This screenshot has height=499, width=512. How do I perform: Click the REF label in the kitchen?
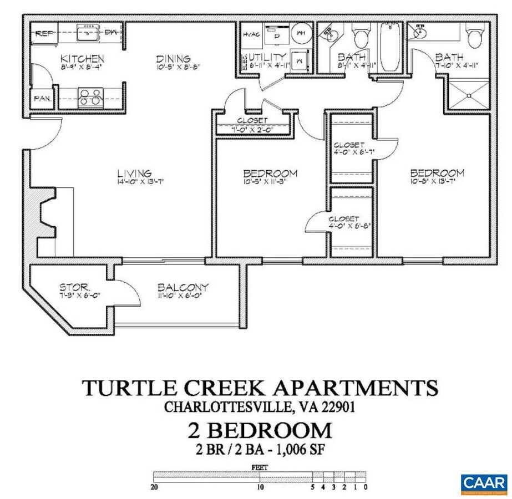tap(43, 33)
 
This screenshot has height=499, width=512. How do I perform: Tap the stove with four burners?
tap(90, 97)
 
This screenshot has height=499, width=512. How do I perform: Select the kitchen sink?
tap(88, 34)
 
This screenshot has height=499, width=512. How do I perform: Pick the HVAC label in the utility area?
tap(251, 34)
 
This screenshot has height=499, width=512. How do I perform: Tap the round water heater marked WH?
tap(302, 33)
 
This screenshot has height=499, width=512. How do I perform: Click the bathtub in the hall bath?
tap(389, 47)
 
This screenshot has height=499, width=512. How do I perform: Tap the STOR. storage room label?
tap(75, 287)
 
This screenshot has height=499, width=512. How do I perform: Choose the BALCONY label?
tap(183, 287)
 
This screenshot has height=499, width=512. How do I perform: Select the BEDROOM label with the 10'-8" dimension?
tap(436, 173)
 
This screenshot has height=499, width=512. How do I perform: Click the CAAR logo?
tap(483, 482)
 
